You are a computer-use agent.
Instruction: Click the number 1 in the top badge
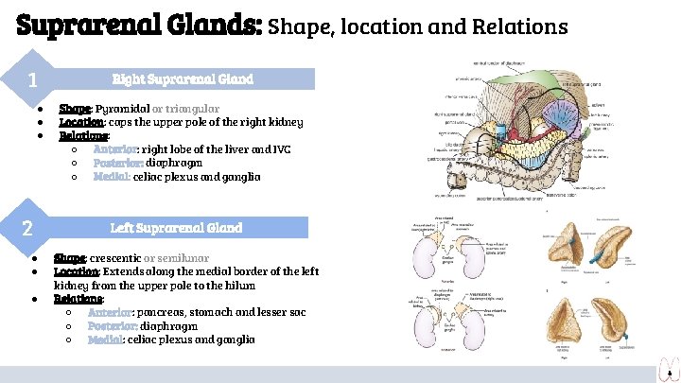(32, 80)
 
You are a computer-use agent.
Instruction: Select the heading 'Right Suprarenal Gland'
(183, 79)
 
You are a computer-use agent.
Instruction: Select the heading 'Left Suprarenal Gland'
(176, 228)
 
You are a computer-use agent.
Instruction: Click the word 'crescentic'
(114, 258)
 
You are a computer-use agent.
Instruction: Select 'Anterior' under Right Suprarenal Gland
(114, 148)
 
